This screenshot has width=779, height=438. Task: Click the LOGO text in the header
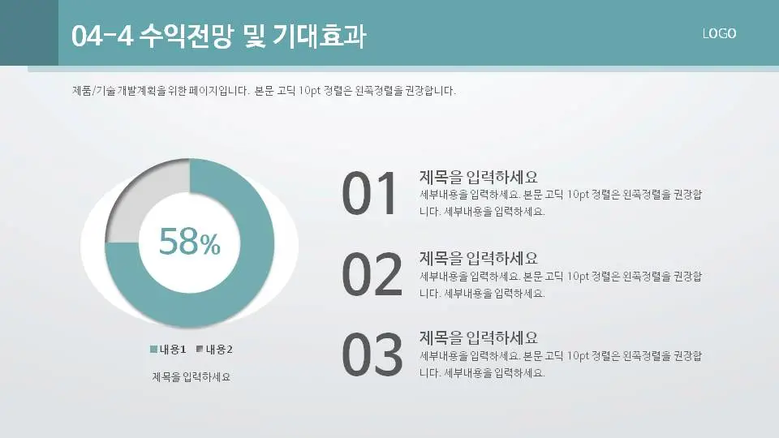click(719, 33)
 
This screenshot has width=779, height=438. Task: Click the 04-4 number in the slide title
click(101, 36)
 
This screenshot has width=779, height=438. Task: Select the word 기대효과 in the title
click(321, 36)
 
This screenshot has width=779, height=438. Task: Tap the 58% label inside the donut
click(189, 242)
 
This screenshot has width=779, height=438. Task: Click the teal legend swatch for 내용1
click(153, 350)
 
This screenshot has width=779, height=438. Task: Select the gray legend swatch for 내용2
click(200, 350)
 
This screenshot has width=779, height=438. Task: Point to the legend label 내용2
click(219, 350)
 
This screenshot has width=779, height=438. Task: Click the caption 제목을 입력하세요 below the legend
click(192, 376)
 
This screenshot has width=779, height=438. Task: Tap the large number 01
click(370, 195)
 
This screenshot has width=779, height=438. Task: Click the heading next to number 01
click(479, 177)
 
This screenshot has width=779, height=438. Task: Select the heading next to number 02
click(479, 258)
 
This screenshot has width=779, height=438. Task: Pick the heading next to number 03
click(479, 337)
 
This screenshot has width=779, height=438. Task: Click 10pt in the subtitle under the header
click(309, 91)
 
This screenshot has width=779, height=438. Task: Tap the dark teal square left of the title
click(29, 32)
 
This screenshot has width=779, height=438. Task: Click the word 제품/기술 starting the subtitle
click(94, 91)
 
